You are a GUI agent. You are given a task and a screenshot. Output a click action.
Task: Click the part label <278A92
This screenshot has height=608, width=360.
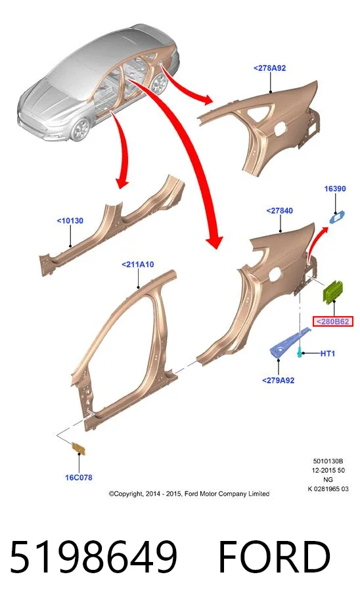tap(269, 68)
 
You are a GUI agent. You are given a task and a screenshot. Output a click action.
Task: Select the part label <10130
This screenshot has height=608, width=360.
tap(70, 221)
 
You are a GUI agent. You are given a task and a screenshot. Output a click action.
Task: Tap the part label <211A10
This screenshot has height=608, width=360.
tap(137, 264)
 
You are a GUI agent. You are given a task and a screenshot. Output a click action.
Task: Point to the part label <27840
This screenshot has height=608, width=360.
tap(279, 210)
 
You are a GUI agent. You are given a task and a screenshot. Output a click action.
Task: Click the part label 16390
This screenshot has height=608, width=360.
tap(335, 189)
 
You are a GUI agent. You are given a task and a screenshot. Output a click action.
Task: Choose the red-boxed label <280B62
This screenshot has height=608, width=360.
tap(333, 321)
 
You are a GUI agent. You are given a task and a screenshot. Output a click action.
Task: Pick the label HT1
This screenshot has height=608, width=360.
tap(327, 353)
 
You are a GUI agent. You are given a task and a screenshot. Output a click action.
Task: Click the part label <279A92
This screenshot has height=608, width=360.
tap(279, 381)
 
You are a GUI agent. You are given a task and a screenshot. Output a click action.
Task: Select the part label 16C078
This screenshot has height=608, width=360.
tap(79, 477)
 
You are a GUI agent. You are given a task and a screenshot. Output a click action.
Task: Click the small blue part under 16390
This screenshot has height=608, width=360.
tap(337, 216)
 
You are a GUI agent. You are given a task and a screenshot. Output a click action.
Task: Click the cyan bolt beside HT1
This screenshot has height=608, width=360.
tap(300, 352)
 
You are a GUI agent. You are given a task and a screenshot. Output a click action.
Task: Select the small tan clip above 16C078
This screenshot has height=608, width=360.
tap(78, 448)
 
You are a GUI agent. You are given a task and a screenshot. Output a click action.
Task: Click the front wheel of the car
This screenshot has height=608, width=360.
tap(81, 129)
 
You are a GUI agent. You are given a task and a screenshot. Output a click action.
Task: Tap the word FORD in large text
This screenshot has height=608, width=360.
tap(275, 557)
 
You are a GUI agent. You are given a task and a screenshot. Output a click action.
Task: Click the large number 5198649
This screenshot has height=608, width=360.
tap(93, 557)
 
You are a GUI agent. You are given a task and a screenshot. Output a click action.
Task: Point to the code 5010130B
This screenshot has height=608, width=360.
tap(328, 461)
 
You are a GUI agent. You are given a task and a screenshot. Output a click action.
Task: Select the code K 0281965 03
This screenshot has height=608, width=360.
tap(328, 489)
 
